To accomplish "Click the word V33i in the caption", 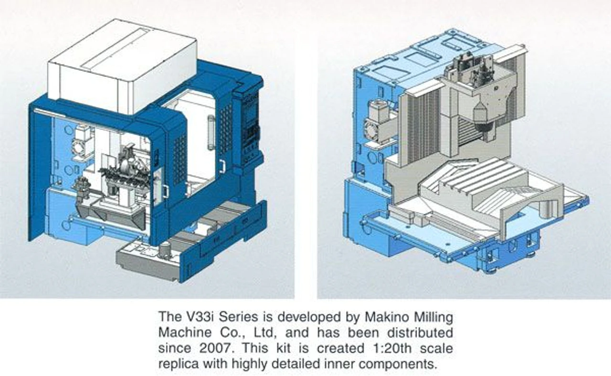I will (x=189, y=316).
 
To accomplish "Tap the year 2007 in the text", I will (x=204, y=348).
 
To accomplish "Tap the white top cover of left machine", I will (x=122, y=67).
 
